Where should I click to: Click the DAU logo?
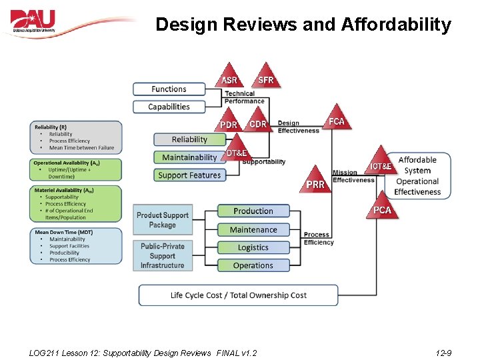coord(33,21)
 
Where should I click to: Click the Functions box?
coord(169,89)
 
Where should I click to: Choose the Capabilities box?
coord(169,107)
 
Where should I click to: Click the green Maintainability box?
coord(189,157)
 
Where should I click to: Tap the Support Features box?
coord(189,175)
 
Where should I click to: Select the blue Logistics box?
coord(253,247)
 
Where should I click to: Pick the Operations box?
coord(253,265)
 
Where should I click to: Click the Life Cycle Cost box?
coord(239,295)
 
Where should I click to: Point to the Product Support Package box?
coord(163,220)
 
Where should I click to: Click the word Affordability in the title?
coord(396,25)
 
